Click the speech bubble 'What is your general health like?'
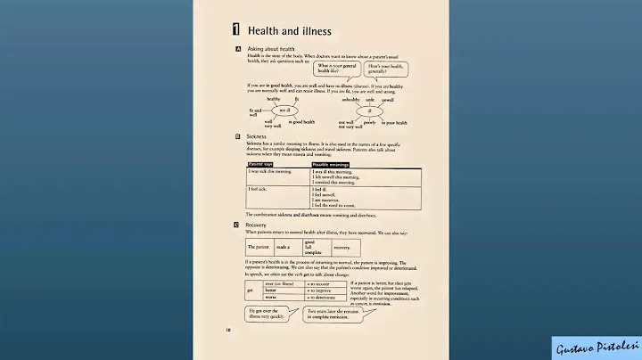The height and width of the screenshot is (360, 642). tap(337, 69)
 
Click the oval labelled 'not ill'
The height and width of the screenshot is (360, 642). tap(284, 110)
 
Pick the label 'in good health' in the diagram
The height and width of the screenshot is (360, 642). tap(301, 121)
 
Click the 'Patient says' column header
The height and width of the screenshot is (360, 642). tap(261, 165)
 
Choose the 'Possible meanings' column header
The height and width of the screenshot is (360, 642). tap(329, 165)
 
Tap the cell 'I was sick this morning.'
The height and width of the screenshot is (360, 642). tap(269, 171)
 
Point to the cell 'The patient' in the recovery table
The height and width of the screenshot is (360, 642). tap(257, 246)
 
